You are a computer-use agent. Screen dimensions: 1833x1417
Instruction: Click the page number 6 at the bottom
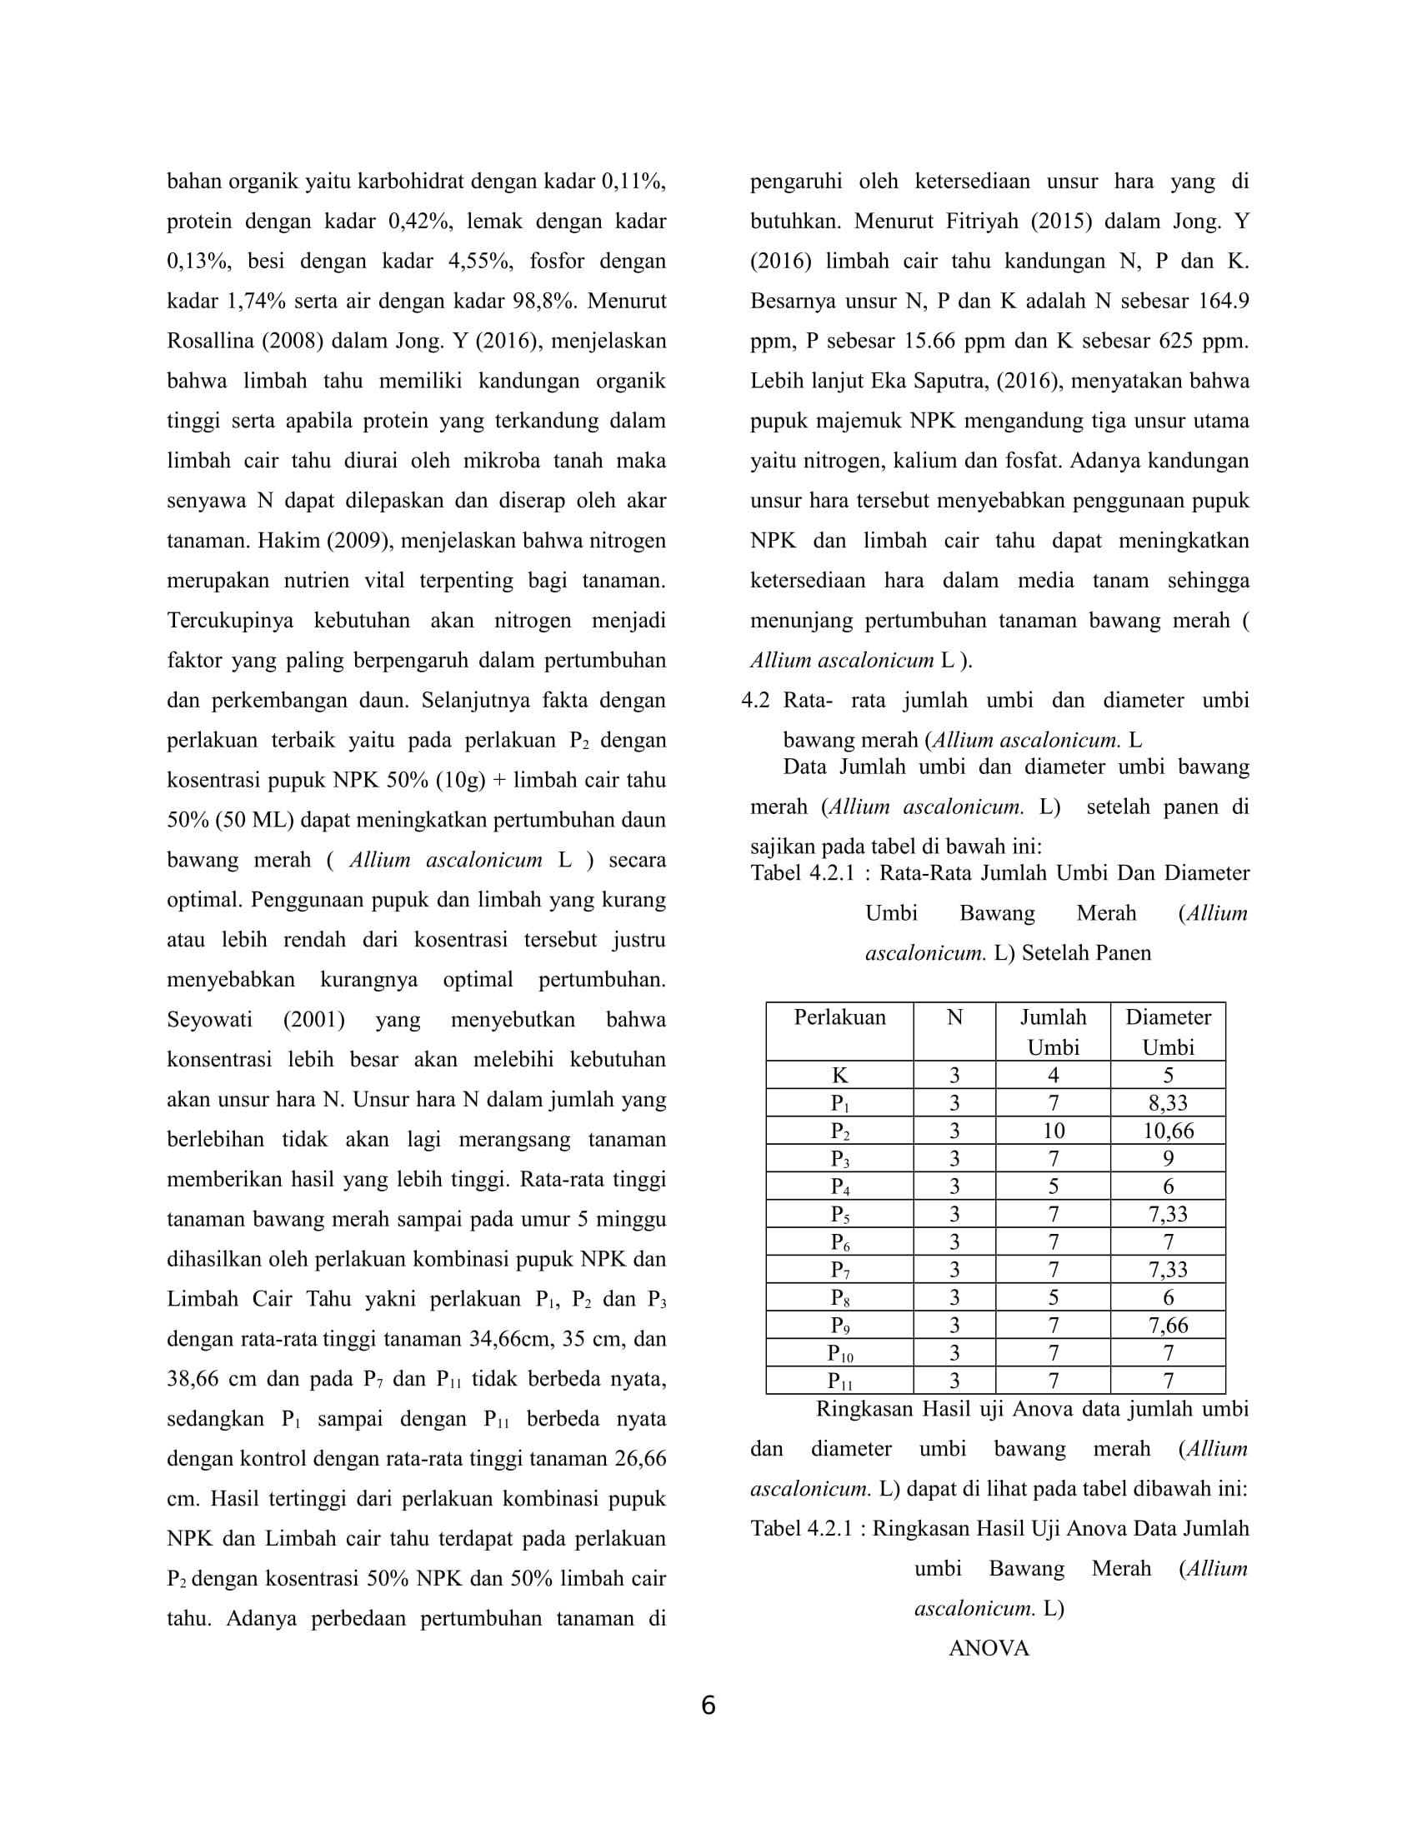click(708, 1705)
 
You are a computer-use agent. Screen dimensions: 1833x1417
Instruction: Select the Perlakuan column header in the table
click(839, 1017)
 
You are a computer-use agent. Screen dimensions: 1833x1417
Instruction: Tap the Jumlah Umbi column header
click(1053, 1031)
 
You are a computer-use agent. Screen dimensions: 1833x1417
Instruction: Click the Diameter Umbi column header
click(1168, 1031)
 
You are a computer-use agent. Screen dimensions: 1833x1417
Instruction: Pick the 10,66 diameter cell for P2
click(1168, 1131)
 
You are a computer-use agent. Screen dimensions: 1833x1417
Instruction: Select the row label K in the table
click(839, 1075)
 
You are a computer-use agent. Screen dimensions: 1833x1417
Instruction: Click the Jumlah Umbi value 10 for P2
click(1053, 1131)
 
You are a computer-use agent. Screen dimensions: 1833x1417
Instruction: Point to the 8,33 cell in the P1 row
click(1168, 1103)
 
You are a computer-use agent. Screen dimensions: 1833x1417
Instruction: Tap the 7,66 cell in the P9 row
click(1168, 1326)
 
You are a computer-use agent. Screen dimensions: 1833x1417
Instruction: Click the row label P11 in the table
click(839, 1381)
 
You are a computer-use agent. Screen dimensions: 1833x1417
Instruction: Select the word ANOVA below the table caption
click(988, 1648)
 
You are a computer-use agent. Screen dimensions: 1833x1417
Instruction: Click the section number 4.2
click(754, 700)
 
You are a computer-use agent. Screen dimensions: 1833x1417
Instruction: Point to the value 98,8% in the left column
click(544, 301)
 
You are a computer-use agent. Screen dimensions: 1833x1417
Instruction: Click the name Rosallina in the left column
click(211, 341)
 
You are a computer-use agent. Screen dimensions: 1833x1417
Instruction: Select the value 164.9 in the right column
click(1223, 301)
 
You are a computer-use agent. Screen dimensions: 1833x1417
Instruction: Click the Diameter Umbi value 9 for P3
click(1168, 1158)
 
